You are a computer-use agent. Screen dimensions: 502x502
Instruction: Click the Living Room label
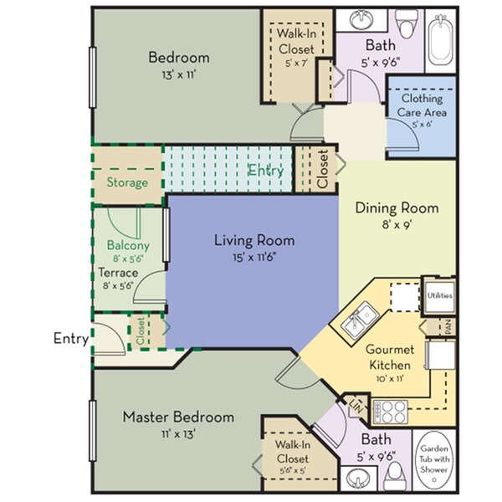click(254, 241)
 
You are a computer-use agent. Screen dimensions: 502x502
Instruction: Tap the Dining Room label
click(386, 207)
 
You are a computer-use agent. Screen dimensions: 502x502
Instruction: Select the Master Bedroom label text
click(178, 416)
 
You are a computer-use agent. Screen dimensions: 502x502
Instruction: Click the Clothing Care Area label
click(423, 105)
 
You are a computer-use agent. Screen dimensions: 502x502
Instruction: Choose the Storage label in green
click(127, 182)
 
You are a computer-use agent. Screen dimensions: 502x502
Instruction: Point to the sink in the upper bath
click(361, 19)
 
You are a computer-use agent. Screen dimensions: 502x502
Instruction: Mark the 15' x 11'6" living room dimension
click(254, 257)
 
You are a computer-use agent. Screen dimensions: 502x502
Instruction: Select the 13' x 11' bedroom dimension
click(178, 74)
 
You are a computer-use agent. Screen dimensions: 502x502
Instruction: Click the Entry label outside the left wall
click(70, 338)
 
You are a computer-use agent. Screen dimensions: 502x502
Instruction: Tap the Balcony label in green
click(128, 245)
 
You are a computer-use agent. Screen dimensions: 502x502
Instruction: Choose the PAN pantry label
click(449, 326)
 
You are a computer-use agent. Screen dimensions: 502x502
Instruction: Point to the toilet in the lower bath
click(397, 477)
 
